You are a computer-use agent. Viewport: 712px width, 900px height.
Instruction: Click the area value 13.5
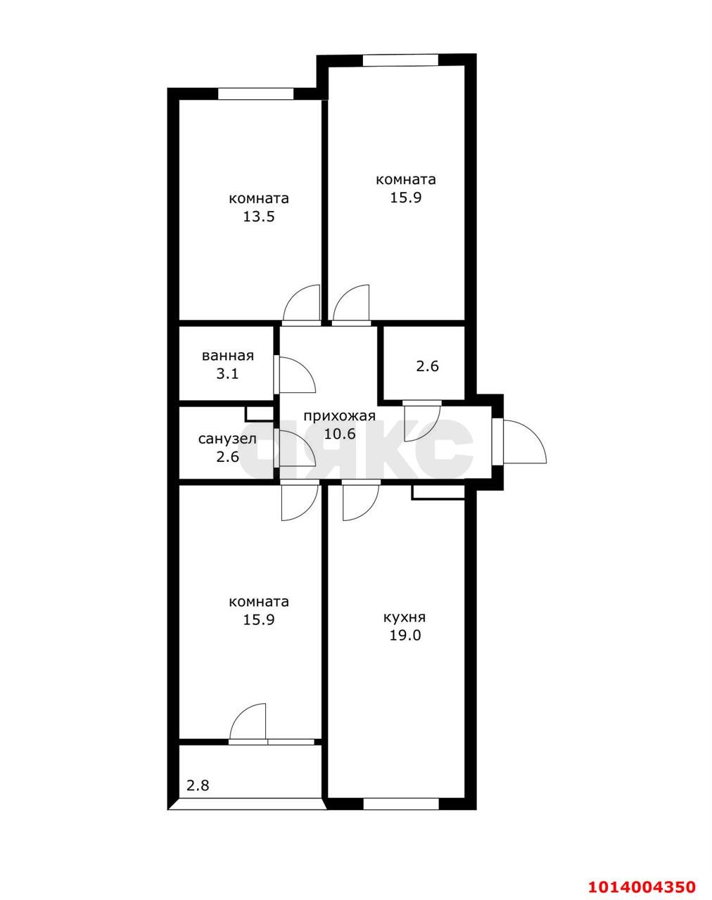click(258, 217)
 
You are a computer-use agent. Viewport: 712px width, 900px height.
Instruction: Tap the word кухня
click(404, 618)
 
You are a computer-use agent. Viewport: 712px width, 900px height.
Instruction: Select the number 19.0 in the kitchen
click(404, 636)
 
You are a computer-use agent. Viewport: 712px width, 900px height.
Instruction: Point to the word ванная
click(227, 356)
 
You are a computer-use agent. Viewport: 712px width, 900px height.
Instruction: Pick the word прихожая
click(339, 416)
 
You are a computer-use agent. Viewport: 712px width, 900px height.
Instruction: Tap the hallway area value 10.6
click(339, 434)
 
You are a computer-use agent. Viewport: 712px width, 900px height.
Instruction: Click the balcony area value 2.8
click(198, 785)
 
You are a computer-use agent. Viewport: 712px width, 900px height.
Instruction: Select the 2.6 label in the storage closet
click(428, 366)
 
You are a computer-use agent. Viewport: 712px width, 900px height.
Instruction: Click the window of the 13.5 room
click(255, 94)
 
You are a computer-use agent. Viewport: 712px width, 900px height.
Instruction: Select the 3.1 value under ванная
click(227, 373)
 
